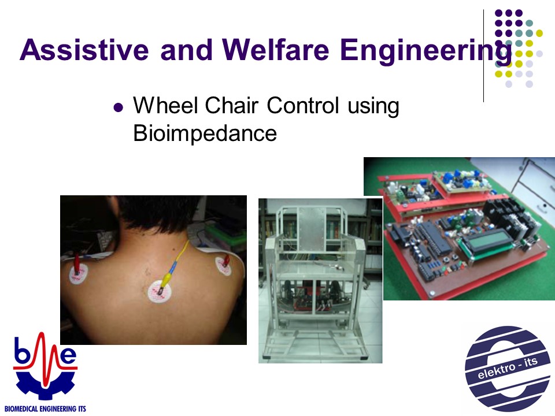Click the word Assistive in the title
84,50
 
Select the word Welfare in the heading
276,50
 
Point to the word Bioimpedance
205,133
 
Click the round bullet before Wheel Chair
118,107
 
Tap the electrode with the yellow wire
160,291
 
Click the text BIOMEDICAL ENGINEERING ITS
45,409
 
